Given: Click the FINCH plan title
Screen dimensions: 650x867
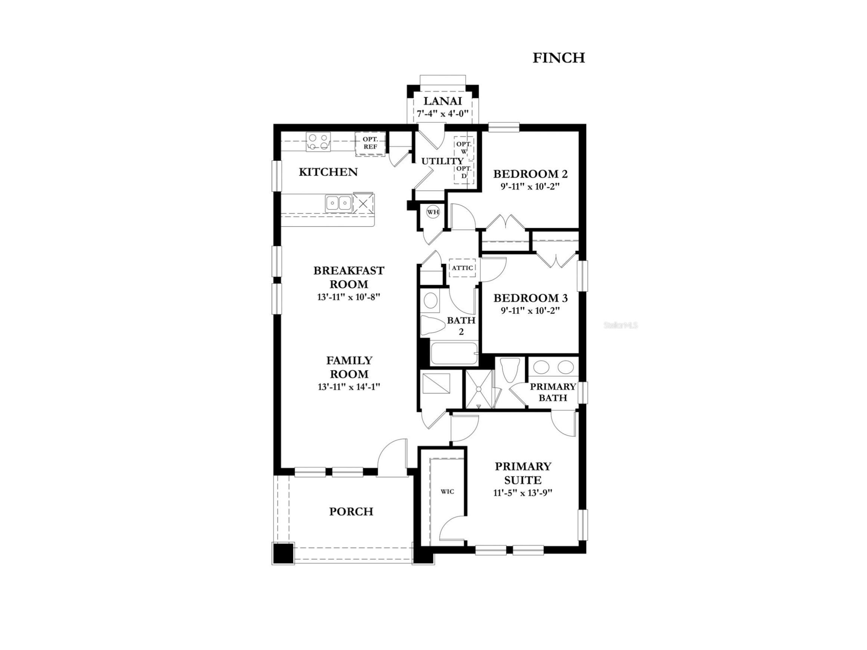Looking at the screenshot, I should click(558, 58).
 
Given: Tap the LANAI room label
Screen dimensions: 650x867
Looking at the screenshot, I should click(442, 101).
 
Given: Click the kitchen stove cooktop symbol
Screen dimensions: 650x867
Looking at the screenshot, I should click(318, 142).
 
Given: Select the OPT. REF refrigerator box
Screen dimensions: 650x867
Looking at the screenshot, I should click(370, 143).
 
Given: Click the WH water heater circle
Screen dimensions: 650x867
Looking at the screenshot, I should click(433, 212).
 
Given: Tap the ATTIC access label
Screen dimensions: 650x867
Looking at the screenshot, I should click(463, 268).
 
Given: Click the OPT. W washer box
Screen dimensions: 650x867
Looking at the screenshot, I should click(464, 148).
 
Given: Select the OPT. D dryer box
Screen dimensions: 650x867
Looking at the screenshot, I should click(464, 172).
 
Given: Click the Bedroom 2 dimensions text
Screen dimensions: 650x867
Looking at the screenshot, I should click(529, 187).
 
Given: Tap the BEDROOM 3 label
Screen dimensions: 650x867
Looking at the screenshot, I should click(530, 298).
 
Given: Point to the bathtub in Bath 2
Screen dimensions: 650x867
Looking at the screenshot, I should click(454, 354).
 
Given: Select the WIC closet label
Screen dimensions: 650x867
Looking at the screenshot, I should click(447, 491).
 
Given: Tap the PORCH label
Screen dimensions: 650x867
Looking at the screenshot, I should click(351, 512).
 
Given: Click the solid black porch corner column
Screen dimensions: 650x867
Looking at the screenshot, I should click(283, 553).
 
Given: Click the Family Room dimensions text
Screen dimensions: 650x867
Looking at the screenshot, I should click(349, 387).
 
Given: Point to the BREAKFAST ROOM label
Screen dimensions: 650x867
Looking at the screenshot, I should click(349, 277).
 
